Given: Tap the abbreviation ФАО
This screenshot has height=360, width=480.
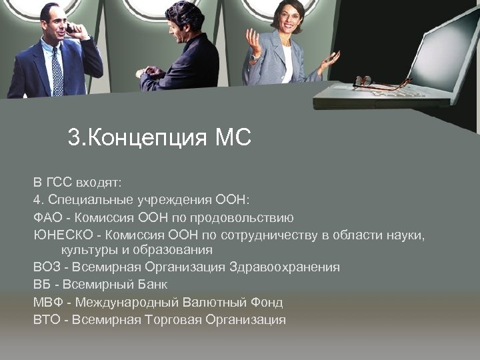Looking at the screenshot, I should pyautogui.click(x=47, y=217).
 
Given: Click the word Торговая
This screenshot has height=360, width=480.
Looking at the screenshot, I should pyautogui.click(x=175, y=319).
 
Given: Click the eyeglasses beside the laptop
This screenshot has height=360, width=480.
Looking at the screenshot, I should pyautogui.click(x=373, y=83).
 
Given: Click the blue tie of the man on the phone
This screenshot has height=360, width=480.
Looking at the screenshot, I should pyautogui.click(x=57, y=74).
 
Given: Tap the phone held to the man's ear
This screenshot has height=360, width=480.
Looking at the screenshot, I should pyautogui.click(x=69, y=29).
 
